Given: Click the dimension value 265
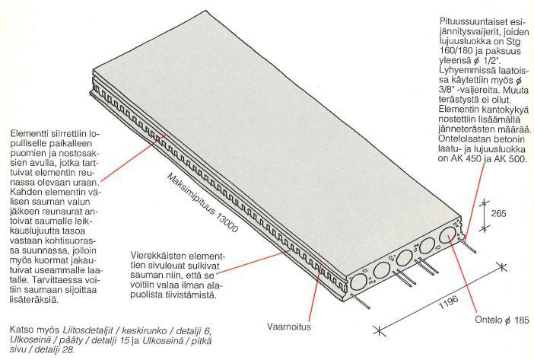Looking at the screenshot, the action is (498, 214).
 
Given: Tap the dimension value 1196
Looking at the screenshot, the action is (449, 302).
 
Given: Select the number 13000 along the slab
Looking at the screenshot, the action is (226, 221).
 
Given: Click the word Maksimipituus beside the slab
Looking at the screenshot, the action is (191, 193).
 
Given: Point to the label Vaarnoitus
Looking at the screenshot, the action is (289, 327).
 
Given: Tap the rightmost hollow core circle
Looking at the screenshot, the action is (448, 235).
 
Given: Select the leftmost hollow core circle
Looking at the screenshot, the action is (358, 282).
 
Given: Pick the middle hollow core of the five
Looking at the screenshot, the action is (404, 258).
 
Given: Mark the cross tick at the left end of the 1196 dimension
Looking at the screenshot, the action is (377, 330).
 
